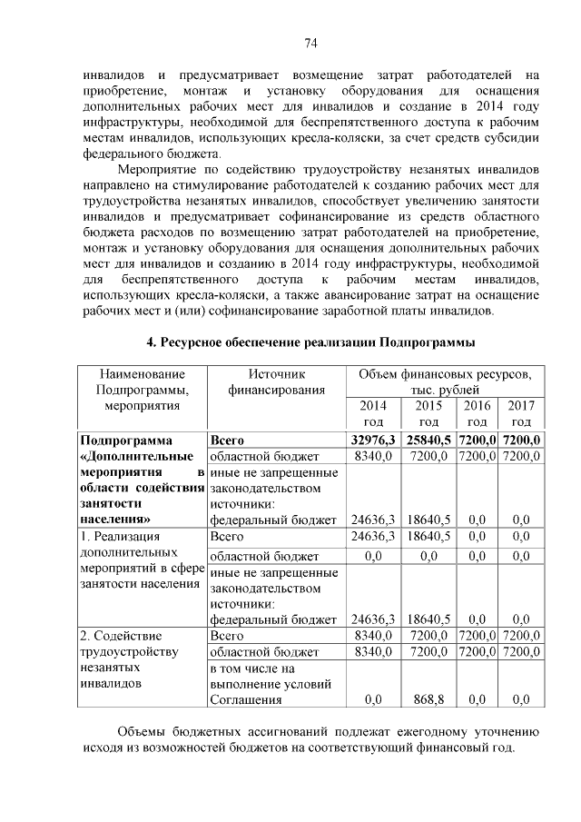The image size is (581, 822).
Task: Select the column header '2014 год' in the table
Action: coord(372,413)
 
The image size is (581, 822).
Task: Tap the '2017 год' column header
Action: coord(521,413)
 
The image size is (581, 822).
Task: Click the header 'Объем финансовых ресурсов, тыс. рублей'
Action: coord(445,381)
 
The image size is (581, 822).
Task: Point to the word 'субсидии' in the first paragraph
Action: coord(514,138)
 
